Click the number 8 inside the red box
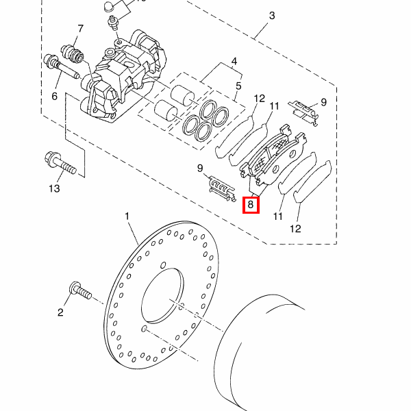click(251, 204)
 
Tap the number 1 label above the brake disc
click(127, 216)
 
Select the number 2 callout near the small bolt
click(60, 312)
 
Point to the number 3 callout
click(272, 16)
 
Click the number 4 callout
click(234, 62)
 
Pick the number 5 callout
click(238, 86)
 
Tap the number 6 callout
click(54, 96)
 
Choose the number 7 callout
click(80, 29)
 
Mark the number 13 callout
click(54, 188)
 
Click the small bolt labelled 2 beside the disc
click(80, 290)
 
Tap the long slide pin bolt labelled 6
click(61, 66)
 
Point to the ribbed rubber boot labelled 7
click(72, 54)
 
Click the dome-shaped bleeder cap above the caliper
click(108, 7)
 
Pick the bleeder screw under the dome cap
click(114, 23)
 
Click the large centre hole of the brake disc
click(162, 296)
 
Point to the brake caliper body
click(123, 76)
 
